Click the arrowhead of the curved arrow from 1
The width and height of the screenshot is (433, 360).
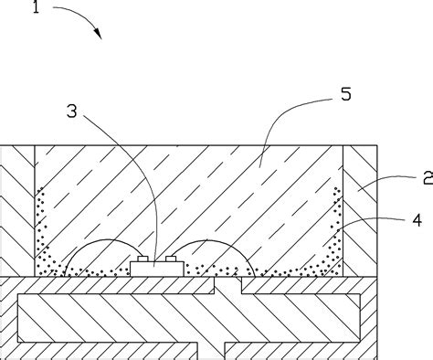pyautogui.click(x=98, y=35)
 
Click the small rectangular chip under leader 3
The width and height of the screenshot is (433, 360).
pyautogui.click(x=154, y=269)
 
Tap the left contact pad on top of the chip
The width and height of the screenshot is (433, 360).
pyautogui.click(x=144, y=261)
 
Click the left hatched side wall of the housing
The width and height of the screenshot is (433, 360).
pyautogui.click(x=16, y=210)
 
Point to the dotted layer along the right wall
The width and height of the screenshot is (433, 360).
pyautogui.click(x=336, y=228)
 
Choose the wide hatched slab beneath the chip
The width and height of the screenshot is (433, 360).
pyautogui.click(x=119, y=311)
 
